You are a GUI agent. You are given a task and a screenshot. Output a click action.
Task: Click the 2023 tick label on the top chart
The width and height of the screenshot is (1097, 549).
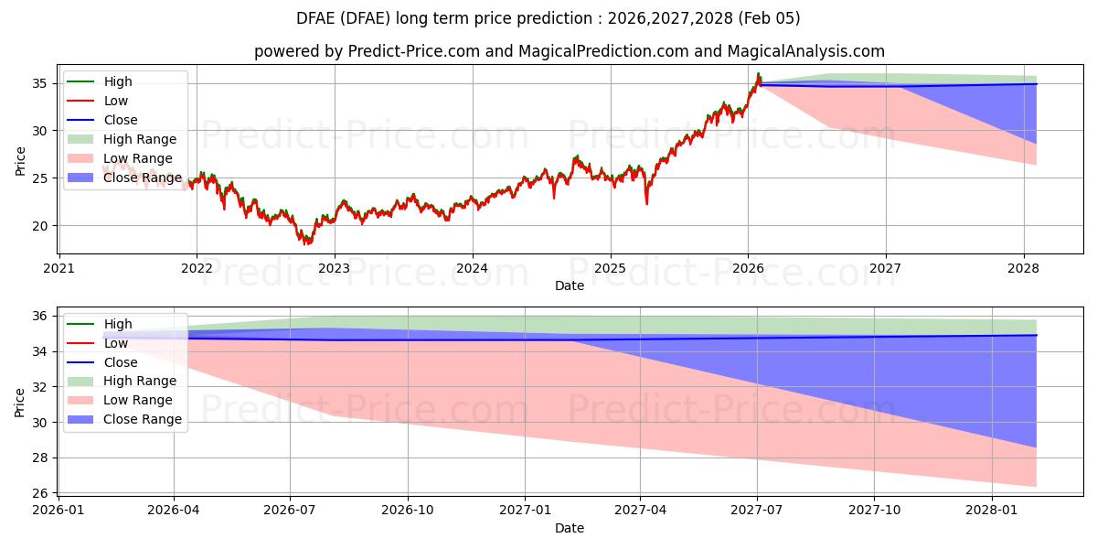(x=334, y=268)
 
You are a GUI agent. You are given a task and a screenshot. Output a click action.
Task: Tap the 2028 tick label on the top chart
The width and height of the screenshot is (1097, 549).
(x=1023, y=268)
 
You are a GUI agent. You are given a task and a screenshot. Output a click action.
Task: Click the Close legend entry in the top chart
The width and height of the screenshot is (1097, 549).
(x=121, y=120)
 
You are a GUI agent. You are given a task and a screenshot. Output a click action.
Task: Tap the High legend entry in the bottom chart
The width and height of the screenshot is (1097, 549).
(x=118, y=324)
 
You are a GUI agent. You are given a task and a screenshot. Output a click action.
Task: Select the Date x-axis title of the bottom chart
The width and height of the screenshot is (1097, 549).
(x=569, y=528)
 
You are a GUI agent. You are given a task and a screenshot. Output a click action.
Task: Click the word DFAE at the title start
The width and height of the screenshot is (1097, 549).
(x=315, y=18)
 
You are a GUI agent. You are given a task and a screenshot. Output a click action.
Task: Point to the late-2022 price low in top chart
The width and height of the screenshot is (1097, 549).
(x=307, y=243)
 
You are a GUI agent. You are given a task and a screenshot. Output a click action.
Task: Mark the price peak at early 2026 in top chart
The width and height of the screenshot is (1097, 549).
(x=758, y=73)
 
